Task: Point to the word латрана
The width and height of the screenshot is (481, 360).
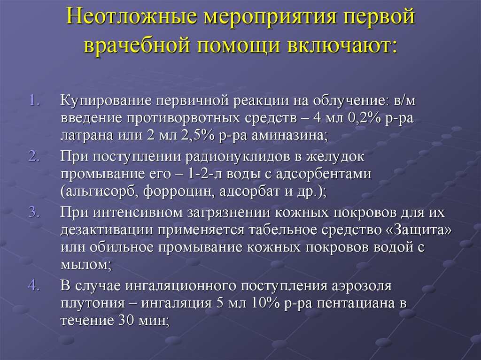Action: coord(83,135)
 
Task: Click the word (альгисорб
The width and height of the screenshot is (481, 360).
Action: coord(95,192)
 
